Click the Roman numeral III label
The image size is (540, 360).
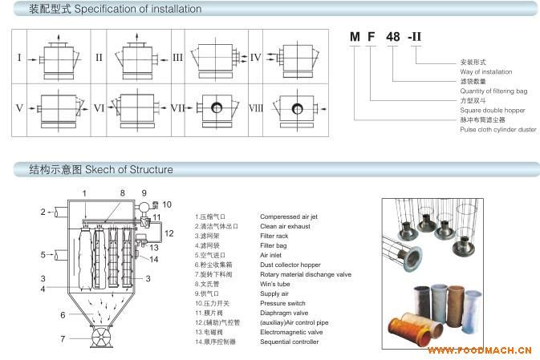pyautogui.click(x=178, y=58)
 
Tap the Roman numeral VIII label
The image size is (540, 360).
pyautogui.click(x=255, y=107)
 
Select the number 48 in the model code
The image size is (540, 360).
pyautogui.click(x=394, y=36)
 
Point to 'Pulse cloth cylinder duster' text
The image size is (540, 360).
pyautogui.click(x=497, y=128)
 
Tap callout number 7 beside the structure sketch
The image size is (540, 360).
pyautogui.click(x=63, y=338)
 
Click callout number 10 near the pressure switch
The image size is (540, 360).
pyautogui.click(x=167, y=204)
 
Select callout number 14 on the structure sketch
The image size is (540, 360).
pyautogui.click(x=154, y=259)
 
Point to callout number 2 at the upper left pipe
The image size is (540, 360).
pyautogui.click(x=43, y=212)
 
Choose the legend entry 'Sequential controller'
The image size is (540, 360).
pyautogui.click(x=289, y=342)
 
